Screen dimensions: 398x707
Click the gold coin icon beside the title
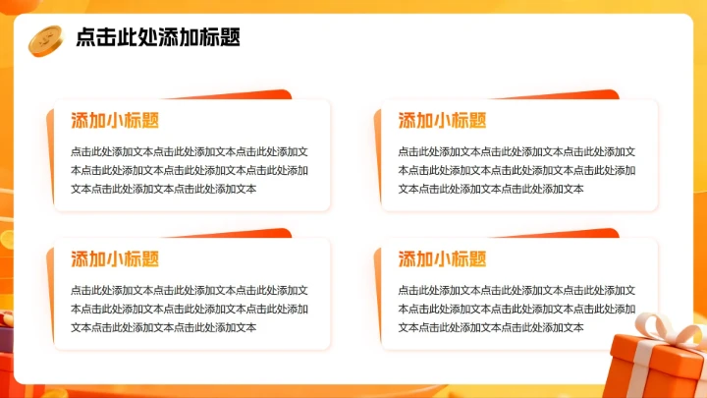point(44,39)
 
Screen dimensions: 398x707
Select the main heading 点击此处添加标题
point(157,38)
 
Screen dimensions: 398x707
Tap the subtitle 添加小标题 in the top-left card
point(115,120)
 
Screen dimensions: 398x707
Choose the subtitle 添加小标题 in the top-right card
point(442,120)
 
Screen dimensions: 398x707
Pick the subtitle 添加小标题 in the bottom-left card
point(115,259)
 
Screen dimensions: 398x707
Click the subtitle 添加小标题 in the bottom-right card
point(442,259)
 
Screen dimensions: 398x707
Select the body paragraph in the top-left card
point(190,170)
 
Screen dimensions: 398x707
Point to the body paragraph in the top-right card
point(517,170)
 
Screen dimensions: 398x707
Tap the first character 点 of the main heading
point(85,38)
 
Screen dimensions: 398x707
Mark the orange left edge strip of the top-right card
point(377,157)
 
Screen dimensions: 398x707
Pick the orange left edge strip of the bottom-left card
point(49,295)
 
